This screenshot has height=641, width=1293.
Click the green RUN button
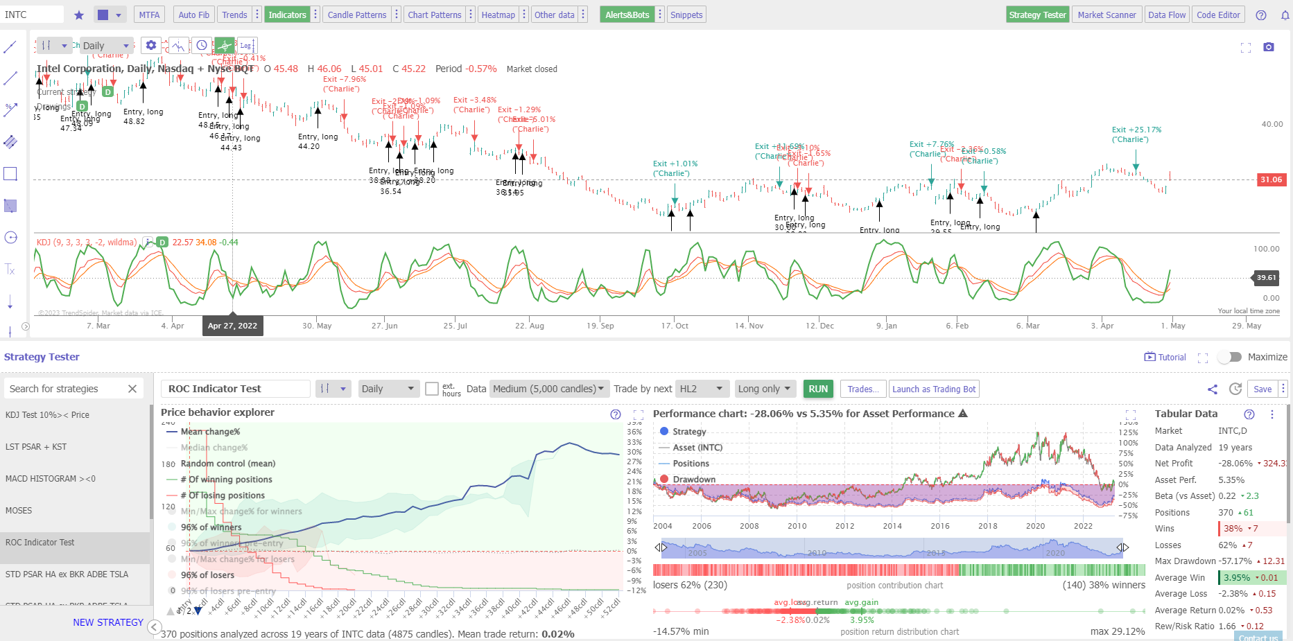818,389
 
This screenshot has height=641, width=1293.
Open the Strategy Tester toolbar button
1037,15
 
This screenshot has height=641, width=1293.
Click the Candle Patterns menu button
356,15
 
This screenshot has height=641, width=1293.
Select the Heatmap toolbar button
498,15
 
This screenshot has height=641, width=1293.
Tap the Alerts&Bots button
627,15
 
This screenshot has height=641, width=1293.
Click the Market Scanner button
1107,15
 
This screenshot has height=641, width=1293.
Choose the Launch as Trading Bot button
934,389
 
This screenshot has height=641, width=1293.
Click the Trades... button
862,389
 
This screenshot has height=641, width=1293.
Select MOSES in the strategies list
19,511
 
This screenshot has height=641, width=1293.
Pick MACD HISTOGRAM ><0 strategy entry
50,479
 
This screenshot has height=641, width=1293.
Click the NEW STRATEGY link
108,622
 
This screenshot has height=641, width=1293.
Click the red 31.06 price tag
1271,179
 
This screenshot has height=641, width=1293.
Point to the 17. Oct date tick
675,326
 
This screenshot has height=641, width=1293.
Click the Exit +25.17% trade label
1136,130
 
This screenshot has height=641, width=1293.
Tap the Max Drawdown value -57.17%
1234,561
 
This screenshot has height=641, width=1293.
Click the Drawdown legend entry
693,480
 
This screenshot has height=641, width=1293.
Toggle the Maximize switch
1230,357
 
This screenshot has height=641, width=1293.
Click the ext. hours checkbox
431,389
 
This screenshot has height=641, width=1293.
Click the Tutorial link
1165,357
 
